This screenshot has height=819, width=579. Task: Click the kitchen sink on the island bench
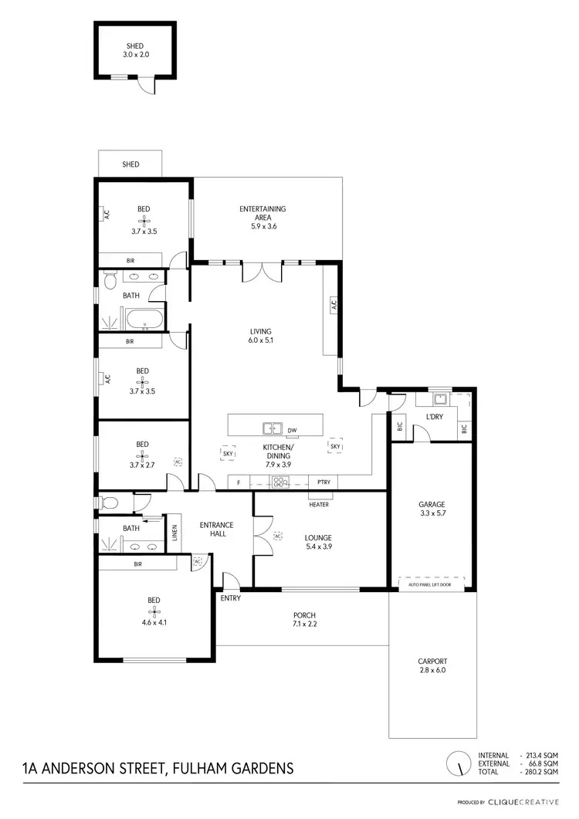point(272,428)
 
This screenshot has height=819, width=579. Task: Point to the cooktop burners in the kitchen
point(279,483)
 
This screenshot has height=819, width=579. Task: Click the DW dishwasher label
point(293,429)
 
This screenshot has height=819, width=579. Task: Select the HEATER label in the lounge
point(319,505)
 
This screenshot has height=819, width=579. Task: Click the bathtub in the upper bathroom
point(144,318)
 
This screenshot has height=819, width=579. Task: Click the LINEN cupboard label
point(174,533)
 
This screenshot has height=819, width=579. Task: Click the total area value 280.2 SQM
point(540,772)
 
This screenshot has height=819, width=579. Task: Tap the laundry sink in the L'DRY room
point(439,399)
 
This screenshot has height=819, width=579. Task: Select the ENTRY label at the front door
point(230,598)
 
